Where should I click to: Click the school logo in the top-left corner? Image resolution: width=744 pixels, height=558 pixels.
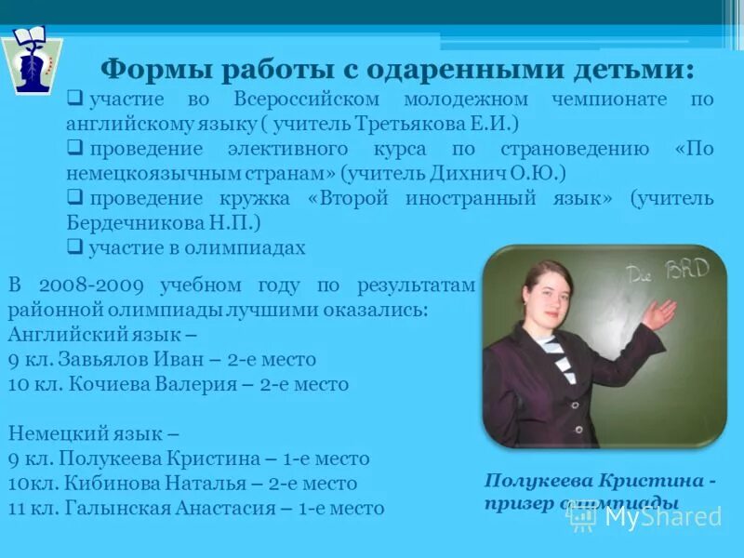click(32, 60)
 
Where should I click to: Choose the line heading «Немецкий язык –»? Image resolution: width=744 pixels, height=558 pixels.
click(93, 433)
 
